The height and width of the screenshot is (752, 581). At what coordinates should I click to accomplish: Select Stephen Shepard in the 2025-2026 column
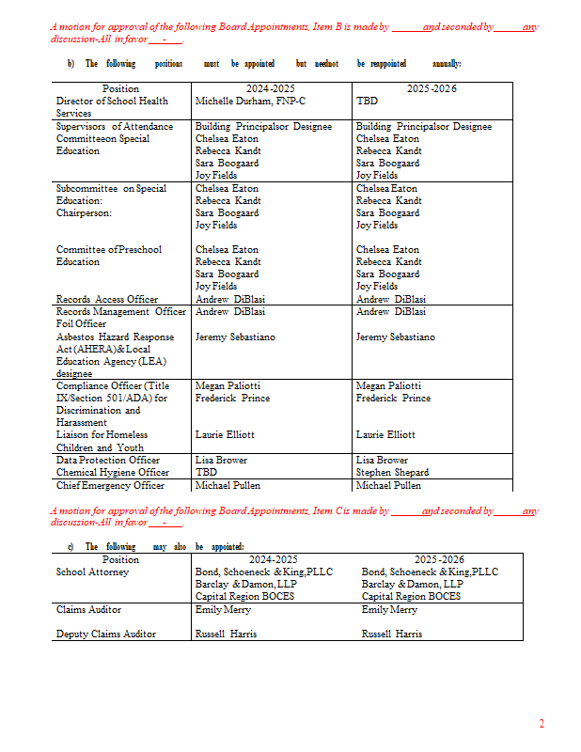point(392,473)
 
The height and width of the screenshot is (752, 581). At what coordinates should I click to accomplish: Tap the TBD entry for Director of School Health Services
point(367,101)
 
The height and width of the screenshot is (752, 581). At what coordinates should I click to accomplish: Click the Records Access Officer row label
point(107,299)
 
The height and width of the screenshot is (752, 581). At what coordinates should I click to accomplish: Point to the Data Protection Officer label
point(108,461)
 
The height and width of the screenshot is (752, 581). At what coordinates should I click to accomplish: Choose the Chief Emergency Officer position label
point(110,485)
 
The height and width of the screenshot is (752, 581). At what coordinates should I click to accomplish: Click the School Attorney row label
point(92,572)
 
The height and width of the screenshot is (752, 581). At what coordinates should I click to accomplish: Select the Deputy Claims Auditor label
point(106,634)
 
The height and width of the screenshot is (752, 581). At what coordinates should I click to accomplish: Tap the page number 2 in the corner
point(541,723)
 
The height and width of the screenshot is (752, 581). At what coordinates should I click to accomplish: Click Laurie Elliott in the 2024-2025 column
point(225,435)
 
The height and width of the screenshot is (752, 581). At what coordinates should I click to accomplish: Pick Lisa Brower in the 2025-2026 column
point(382,461)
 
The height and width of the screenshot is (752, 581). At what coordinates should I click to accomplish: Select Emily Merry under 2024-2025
point(222,610)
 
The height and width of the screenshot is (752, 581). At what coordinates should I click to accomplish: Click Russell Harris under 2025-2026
point(392,634)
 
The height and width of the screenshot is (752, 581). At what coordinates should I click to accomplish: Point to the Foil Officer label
point(82,324)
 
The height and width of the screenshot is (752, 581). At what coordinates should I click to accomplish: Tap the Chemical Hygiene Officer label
point(113,473)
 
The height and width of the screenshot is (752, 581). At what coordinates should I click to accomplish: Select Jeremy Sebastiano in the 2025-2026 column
point(396,337)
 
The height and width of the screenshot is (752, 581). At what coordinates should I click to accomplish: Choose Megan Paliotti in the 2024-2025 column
point(228,385)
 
